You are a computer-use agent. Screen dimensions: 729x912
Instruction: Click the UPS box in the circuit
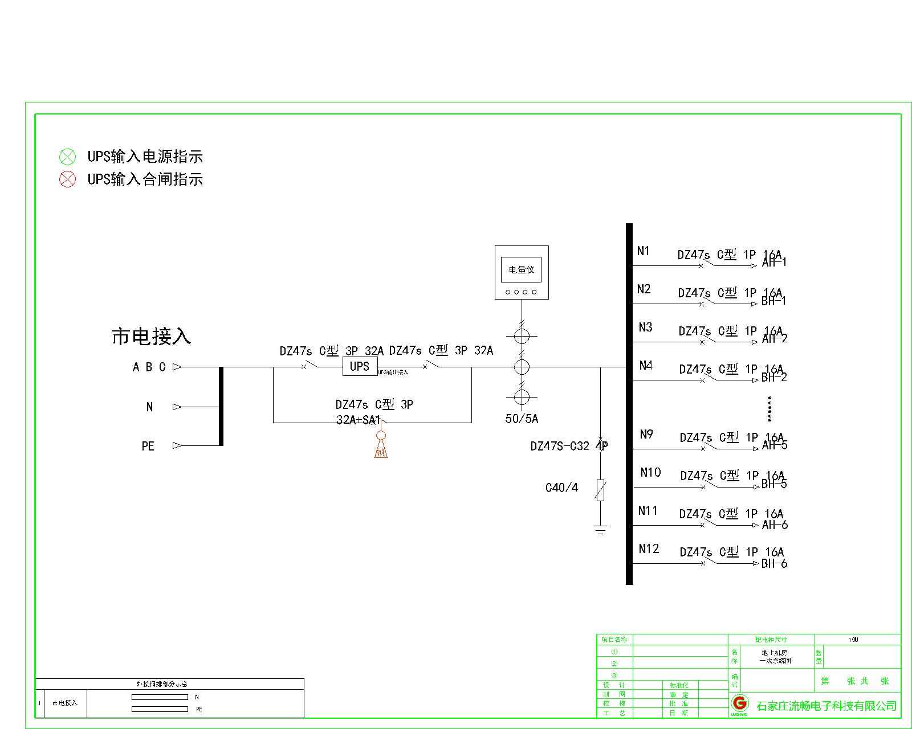pos(360,366)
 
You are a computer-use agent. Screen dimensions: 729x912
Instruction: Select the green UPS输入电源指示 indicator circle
pos(67,157)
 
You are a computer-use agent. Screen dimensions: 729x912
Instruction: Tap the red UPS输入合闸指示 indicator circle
pos(67,179)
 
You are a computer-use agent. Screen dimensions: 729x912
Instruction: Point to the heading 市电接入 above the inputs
pos(151,336)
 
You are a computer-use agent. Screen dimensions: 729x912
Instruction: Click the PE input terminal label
pos(148,446)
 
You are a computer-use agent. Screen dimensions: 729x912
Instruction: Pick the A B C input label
pos(149,367)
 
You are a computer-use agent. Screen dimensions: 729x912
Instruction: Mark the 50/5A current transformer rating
pos(522,419)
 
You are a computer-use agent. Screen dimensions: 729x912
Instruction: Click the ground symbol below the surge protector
pos(600,530)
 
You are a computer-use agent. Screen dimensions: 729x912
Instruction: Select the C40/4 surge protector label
pos(561,488)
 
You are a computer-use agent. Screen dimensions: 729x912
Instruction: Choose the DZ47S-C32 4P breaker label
pos(569,446)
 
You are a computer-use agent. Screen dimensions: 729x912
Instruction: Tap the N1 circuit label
pos(644,251)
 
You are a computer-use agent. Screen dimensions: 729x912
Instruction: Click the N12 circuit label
pos(649,548)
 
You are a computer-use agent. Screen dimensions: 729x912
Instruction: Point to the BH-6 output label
pos(774,563)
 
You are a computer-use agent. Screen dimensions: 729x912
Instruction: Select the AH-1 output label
pos(774,263)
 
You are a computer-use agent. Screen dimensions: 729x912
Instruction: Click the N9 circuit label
pos(646,434)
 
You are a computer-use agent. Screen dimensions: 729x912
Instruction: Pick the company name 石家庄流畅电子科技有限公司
pos(826,706)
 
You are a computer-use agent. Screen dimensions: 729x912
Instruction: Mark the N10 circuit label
pos(650,472)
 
